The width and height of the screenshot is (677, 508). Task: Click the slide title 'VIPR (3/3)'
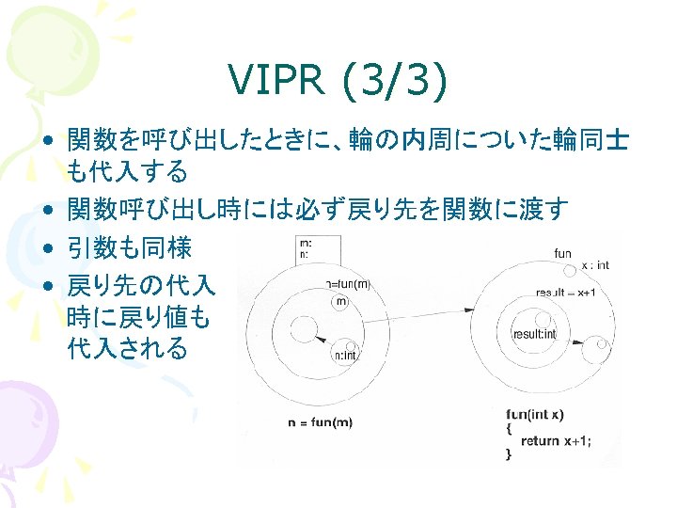(338, 84)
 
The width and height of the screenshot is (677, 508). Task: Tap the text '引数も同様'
(129, 248)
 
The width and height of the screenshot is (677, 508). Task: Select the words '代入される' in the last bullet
(127, 349)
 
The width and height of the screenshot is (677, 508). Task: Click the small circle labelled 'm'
(339, 301)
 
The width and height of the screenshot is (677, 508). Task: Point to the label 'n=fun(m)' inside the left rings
(348, 282)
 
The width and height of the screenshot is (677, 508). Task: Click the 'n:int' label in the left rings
(345, 356)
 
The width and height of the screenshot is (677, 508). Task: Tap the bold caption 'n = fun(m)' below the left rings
(320, 422)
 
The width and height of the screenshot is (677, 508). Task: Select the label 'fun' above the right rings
(562, 253)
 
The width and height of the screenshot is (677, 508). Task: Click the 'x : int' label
(594, 265)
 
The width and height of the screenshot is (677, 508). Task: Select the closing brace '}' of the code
(509, 453)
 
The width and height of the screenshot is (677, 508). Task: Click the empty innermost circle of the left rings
(303, 328)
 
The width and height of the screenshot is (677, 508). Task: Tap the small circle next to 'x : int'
(569, 271)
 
